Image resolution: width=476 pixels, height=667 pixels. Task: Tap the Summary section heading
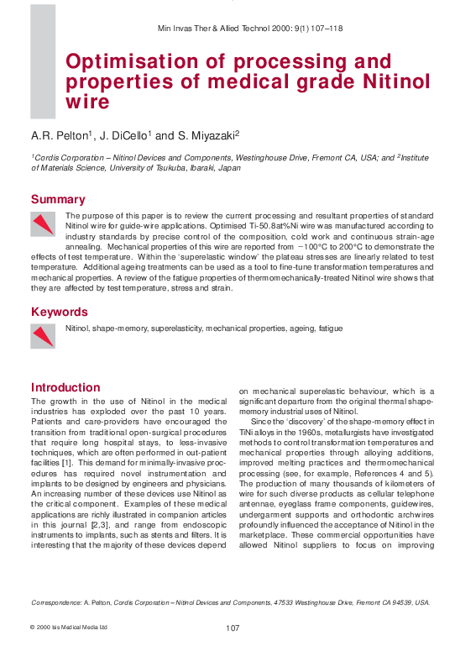58,200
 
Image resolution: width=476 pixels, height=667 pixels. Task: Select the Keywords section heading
60,312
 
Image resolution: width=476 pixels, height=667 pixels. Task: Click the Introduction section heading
65,387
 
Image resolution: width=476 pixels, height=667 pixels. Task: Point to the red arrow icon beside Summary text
43,223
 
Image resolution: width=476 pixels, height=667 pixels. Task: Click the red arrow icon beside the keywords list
43,335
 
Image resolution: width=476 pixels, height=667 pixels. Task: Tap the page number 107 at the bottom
234,628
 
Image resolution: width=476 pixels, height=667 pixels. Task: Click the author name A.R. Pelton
60,134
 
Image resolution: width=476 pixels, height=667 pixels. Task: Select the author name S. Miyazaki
209,134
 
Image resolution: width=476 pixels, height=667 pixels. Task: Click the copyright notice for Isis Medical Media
69,628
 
